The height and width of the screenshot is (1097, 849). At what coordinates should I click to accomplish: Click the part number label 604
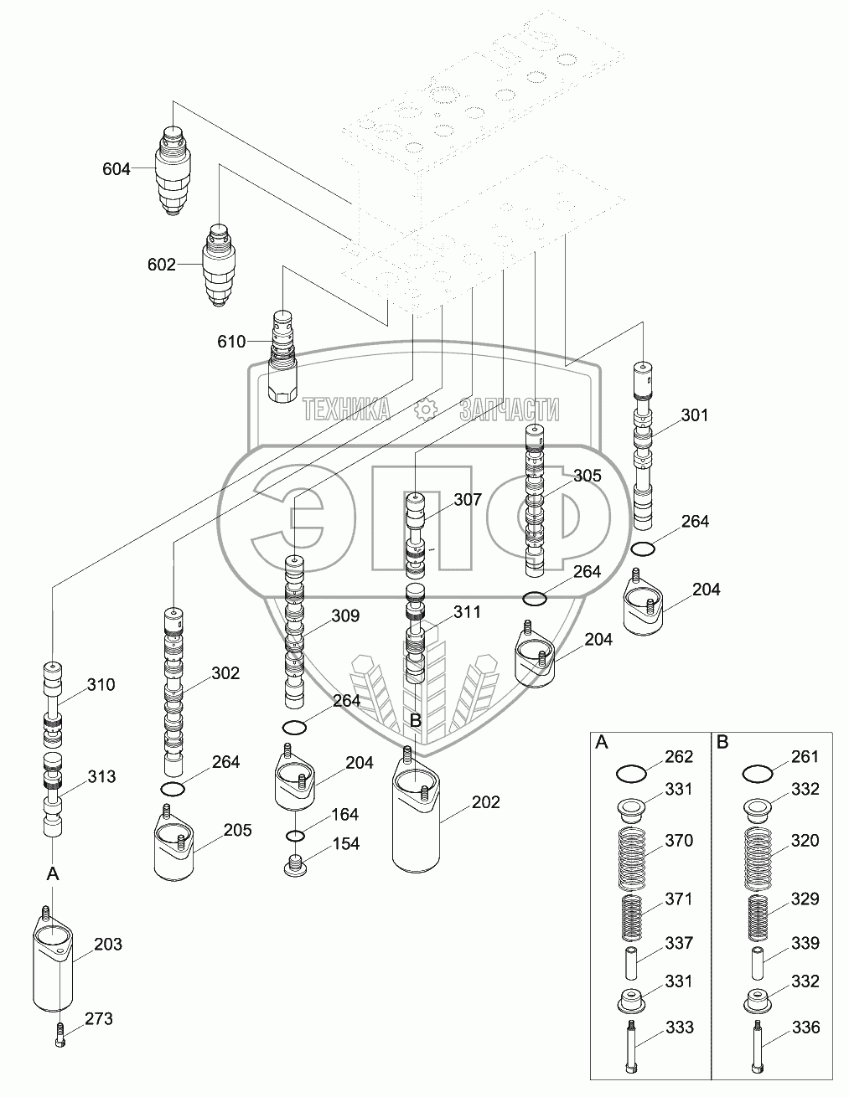click(116, 169)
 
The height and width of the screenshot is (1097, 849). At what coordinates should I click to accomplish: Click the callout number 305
click(587, 476)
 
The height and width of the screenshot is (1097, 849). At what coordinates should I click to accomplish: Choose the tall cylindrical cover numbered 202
click(415, 812)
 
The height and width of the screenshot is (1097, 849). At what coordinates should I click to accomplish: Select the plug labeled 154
click(295, 865)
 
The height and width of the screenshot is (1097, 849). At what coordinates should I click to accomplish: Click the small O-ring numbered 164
click(295, 835)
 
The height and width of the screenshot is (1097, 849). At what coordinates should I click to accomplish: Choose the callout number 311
click(467, 611)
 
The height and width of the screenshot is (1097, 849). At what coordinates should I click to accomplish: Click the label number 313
click(101, 776)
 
